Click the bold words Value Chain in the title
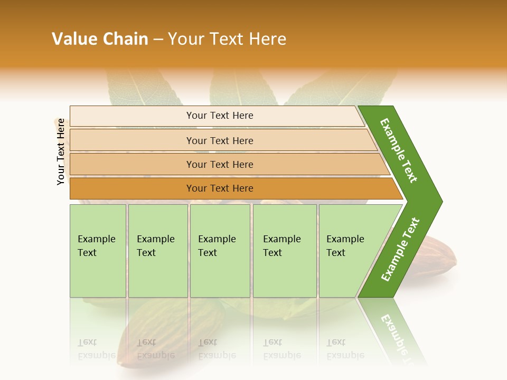pyautogui.click(x=100, y=39)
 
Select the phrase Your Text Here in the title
pyautogui.click(x=227, y=39)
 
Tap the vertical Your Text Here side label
pyautogui.click(x=61, y=151)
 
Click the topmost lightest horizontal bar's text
pyautogui.click(x=220, y=116)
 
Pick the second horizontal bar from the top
pyautogui.click(x=220, y=140)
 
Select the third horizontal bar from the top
pyautogui.click(x=220, y=165)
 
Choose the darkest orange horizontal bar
pyautogui.click(x=220, y=188)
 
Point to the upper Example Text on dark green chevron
pyautogui.click(x=399, y=150)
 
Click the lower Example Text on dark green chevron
pyautogui.click(x=400, y=250)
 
